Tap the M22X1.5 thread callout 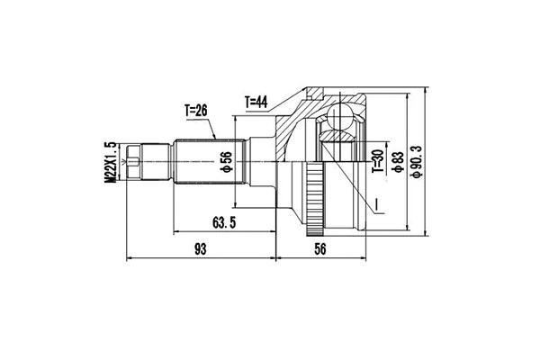click(x=111, y=163)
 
